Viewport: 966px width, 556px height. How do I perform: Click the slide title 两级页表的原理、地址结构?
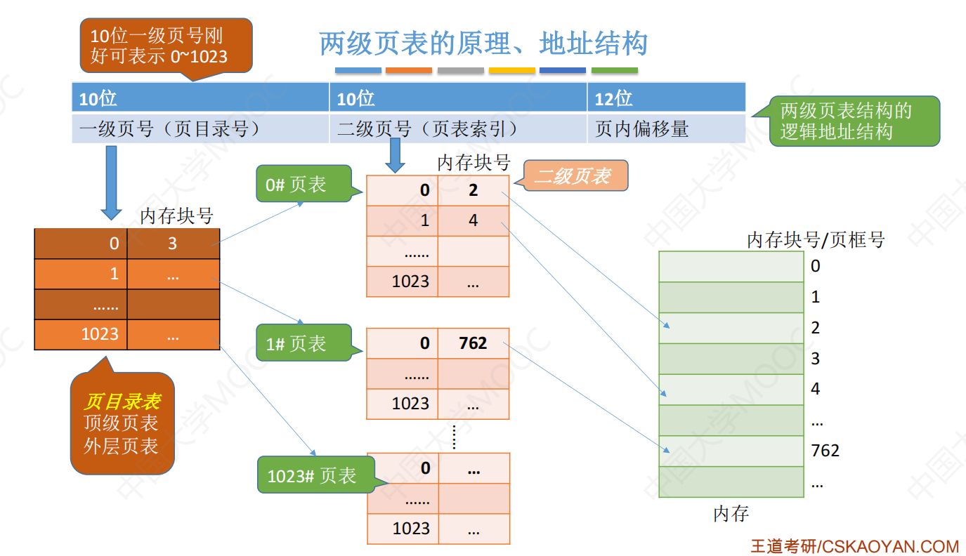pos(483,44)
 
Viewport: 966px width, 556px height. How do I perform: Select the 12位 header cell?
pos(666,98)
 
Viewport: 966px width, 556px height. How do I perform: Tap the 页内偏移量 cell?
pos(666,128)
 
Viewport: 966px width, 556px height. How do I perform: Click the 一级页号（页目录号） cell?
pos(200,128)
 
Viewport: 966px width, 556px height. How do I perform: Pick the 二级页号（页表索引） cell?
pos(458,128)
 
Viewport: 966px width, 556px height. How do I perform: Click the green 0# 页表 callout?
pos(304,184)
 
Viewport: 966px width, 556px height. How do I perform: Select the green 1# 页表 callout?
pos(304,343)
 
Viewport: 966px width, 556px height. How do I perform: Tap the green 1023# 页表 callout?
pos(317,475)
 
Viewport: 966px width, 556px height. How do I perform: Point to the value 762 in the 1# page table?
pos(473,343)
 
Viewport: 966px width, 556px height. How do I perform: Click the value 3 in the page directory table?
pos(173,244)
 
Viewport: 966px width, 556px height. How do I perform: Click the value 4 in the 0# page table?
pos(473,220)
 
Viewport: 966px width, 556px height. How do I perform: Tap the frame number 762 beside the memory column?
pos(825,451)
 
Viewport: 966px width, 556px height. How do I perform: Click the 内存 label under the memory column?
pos(731,513)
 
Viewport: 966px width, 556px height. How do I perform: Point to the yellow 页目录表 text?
pos(123,402)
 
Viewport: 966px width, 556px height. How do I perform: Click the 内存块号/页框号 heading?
pos(816,239)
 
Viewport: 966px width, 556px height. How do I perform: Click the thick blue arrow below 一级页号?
pos(111,183)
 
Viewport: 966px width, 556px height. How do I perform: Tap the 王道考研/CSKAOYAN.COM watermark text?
pos(855,546)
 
